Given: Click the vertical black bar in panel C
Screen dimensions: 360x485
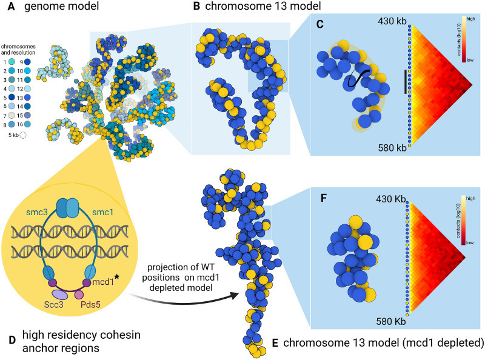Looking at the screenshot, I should (x=405, y=81).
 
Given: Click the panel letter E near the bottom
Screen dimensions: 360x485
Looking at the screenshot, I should (x=275, y=342).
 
